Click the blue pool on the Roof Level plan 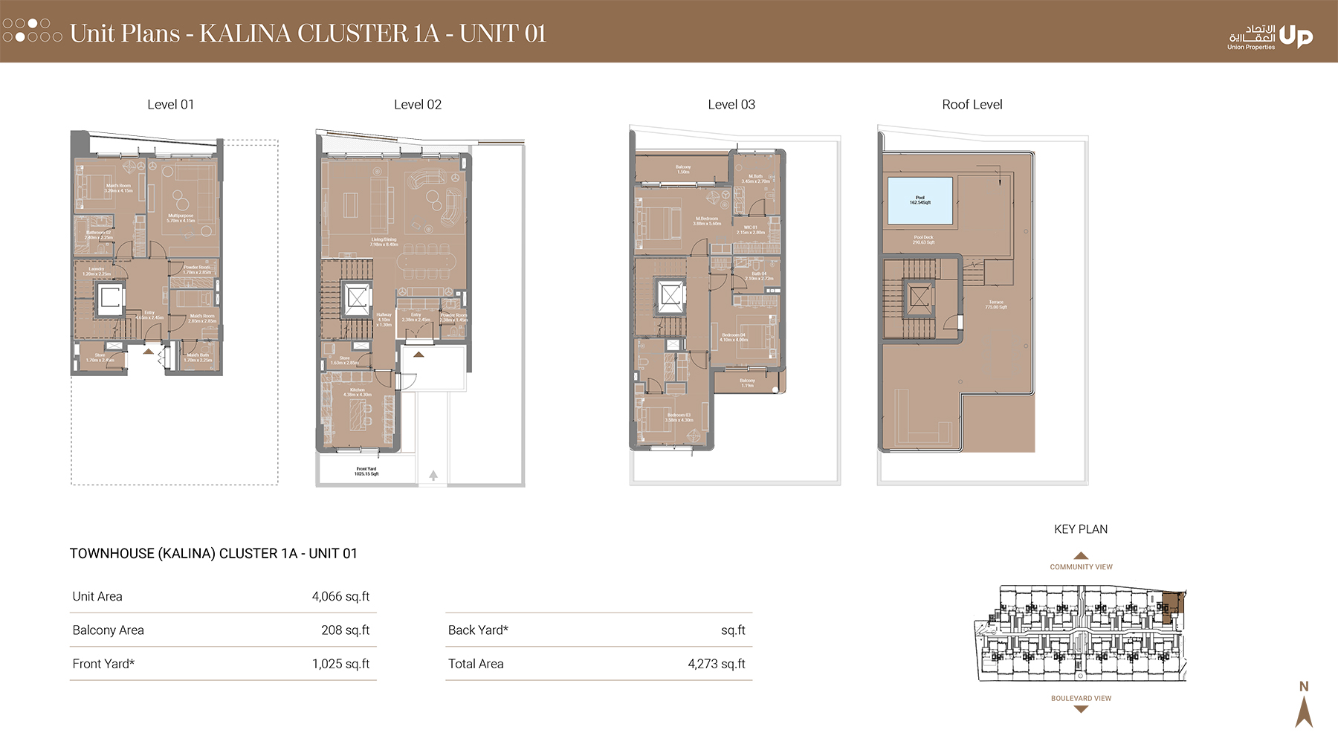click(x=920, y=200)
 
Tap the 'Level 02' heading click(x=417, y=105)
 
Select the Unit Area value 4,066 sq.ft click(x=340, y=596)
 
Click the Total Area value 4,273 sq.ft click(x=716, y=664)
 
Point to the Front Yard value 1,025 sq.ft click(x=340, y=664)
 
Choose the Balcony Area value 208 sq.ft click(x=345, y=630)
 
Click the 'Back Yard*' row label click(x=478, y=630)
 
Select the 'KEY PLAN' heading click(x=1080, y=529)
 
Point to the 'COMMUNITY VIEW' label click(x=1081, y=566)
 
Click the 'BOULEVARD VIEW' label click(x=1081, y=698)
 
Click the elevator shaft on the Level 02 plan click(x=358, y=299)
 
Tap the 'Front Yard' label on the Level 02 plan click(x=366, y=471)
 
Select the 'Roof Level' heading click(x=972, y=105)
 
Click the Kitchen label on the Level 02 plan click(x=358, y=392)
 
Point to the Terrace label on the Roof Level click(x=996, y=304)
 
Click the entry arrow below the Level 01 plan click(x=149, y=351)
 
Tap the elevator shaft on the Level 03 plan click(x=670, y=295)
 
